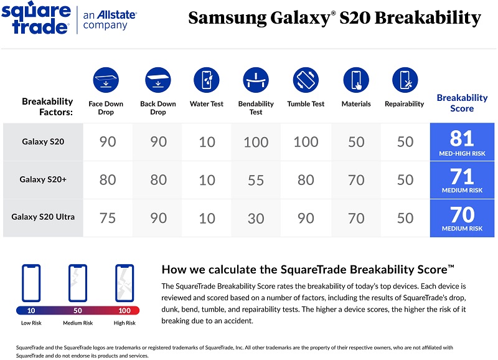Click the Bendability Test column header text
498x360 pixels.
click(x=256, y=108)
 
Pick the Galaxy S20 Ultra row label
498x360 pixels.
click(x=43, y=217)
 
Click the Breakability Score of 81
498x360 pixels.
click(x=462, y=138)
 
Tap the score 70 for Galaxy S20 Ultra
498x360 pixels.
click(x=462, y=214)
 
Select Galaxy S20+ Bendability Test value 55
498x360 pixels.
click(x=256, y=180)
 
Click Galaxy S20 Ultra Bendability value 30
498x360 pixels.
click(x=256, y=218)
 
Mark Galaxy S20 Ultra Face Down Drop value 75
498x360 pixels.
click(x=108, y=218)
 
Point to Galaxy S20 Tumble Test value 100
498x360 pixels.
click(x=306, y=142)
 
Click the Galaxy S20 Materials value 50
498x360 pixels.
click(x=356, y=142)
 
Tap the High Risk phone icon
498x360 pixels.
click(x=125, y=284)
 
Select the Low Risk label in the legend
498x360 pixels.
click(x=31, y=323)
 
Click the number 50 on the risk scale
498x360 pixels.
click(x=77, y=310)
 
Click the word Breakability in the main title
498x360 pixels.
click(x=429, y=18)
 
